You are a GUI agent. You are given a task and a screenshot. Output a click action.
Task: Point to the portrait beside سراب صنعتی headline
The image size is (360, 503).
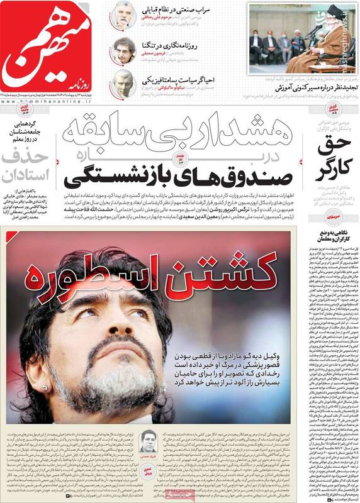coord(121,15)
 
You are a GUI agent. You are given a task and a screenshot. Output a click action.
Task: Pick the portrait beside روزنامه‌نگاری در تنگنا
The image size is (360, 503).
coord(121,50)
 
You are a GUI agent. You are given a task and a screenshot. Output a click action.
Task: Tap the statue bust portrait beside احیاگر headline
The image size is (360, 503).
coord(121,83)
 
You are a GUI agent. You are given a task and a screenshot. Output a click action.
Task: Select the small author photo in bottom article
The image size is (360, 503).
coord(149,436)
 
